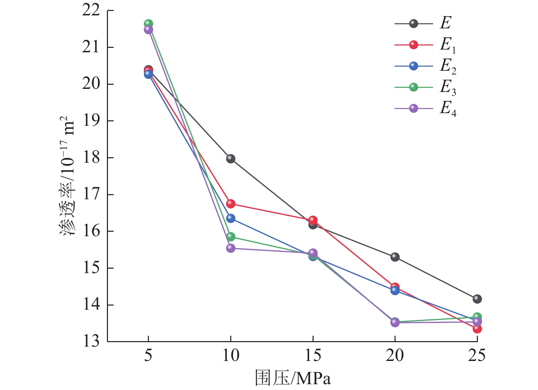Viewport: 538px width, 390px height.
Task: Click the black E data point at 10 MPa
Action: coord(231,159)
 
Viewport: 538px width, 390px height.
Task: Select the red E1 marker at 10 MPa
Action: coord(231,204)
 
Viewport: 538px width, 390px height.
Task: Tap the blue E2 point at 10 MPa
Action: coord(231,218)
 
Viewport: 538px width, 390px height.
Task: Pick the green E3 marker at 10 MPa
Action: coord(231,236)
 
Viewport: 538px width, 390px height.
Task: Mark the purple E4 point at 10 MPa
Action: coord(231,248)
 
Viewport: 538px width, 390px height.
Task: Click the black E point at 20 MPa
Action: coord(395,257)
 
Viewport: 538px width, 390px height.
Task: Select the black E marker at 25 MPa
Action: coord(477,299)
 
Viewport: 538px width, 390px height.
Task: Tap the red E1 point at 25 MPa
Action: coord(477,329)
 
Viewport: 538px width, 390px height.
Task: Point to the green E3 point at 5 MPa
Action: coord(148,24)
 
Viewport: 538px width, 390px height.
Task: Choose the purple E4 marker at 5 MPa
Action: coord(148,30)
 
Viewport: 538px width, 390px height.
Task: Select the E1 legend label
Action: coord(447,45)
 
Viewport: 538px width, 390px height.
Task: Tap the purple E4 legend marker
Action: coord(414,109)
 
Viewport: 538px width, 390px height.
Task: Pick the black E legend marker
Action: coord(414,24)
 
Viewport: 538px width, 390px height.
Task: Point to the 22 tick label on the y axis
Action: coord(91,11)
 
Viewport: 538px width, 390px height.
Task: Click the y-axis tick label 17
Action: coord(91,194)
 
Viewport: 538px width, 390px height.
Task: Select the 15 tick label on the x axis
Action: coord(313,356)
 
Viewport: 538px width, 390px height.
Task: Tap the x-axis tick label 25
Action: coord(477,356)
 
